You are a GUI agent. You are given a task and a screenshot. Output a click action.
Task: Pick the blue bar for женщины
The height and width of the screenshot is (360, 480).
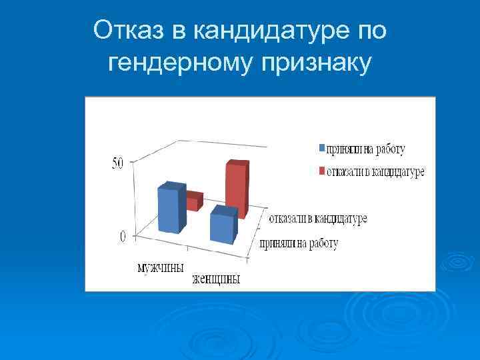tap(223, 227)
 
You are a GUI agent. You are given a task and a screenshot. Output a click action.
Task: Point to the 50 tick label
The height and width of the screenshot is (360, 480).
tap(117, 164)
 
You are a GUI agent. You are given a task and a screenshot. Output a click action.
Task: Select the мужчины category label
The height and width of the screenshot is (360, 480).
tap(160, 268)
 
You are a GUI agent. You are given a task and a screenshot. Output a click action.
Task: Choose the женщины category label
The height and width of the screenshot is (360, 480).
tap(216, 279)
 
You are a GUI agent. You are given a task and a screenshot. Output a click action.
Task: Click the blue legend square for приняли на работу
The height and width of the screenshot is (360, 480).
tap(321, 148)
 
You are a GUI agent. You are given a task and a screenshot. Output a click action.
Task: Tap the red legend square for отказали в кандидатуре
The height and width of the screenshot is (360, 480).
tap(321, 172)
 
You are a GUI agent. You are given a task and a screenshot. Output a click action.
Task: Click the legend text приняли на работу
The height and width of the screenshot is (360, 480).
tap(365, 148)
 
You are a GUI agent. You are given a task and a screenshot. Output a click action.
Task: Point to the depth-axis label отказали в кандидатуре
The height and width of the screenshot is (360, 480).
tap(318, 218)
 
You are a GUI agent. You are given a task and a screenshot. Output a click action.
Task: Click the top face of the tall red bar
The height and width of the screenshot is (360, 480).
tap(238, 163)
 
